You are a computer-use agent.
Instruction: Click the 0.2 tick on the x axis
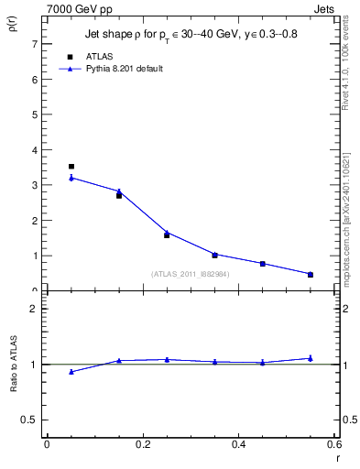click(142, 445)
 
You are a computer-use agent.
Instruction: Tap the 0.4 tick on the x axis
click(238, 445)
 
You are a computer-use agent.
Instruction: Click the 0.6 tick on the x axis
click(333, 445)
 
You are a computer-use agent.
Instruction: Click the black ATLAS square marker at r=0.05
click(71, 167)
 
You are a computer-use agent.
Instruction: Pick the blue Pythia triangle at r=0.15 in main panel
click(119, 191)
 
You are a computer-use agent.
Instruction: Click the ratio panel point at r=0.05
click(71, 372)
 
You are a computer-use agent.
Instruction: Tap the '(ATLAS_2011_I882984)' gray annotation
click(191, 274)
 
